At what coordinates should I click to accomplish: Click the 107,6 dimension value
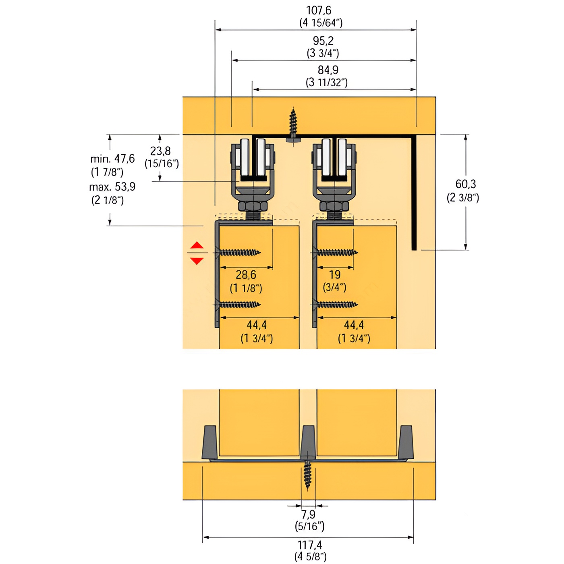click(319, 10)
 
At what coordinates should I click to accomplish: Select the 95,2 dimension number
click(323, 41)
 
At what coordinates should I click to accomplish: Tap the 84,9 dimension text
click(328, 70)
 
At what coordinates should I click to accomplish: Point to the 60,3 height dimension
click(465, 184)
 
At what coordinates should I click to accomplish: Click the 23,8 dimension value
click(160, 151)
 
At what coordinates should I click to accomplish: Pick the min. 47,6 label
click(112, 159)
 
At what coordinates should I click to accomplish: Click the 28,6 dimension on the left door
click(246, 274)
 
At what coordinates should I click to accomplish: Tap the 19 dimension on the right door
click(334, 274)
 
